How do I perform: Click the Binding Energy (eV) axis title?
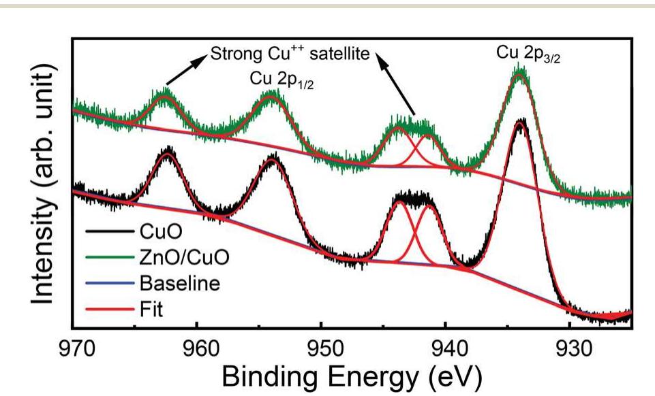(x=352, y=374)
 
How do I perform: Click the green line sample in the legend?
(x=110, y=259)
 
